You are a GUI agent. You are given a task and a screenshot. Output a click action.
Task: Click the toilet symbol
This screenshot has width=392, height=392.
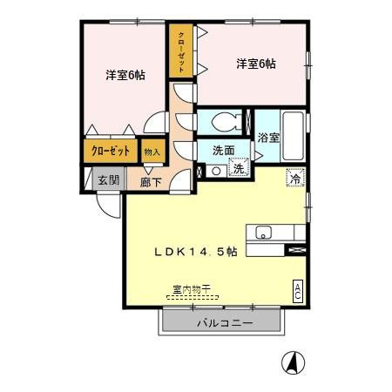pyautogui.click(x=226, y=122)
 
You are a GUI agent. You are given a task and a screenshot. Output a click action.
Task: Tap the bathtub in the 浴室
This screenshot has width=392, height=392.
pyautogui.click(x=294, y=136)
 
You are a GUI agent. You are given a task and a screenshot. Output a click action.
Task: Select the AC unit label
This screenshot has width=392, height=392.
pyautogui.click(x=298, y=292)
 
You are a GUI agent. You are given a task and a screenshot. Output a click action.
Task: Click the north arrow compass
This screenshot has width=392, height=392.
pyautogui.click(x=293, y=362)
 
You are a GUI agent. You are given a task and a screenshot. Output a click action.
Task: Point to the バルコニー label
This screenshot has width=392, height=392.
pyautogui.click(x=225, y=323)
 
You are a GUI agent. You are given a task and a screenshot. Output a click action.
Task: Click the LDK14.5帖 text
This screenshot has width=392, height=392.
pyautogui.click(x=195, y=252)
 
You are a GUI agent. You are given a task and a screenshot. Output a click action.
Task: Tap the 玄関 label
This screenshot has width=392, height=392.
pyautogui.click(x=109, y=180)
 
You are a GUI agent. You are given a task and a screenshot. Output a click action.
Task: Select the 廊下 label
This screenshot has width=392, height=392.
pyautogui.click(x=151, y=182)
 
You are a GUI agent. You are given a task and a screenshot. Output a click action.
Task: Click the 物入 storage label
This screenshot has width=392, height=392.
pyautogui.click(x=152, y=152)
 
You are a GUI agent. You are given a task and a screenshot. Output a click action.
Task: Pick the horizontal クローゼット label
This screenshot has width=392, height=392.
pyautogui.click(x=111, y=151)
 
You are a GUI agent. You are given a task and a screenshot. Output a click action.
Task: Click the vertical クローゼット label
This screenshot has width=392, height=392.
pyautogui.click(x=181, y=52)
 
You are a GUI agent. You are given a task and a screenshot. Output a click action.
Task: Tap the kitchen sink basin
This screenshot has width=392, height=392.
pyautogui.click(x=263, y=233)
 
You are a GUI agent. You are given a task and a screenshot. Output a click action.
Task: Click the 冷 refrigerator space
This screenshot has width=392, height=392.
pyautogui.click(x=296, y=178)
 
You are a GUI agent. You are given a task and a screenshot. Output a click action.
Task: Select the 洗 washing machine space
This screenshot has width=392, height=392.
pyautogui.click(x=239, y=167)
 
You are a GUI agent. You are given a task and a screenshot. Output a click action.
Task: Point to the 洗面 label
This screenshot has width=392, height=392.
pyautogui.click(x=224, y=151)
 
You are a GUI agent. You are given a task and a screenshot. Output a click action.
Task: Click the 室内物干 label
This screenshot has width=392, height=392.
pyautogui.click(x=192, y=289)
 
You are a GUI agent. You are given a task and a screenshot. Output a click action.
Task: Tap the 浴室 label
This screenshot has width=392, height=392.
pyautogui.click(x=268, y=138)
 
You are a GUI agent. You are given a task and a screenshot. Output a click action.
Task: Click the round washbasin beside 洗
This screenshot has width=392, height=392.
pyautogui.click(x=216, y=171)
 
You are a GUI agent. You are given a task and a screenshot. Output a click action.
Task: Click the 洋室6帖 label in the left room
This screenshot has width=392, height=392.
pyautogui.click(x=125, y=76)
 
